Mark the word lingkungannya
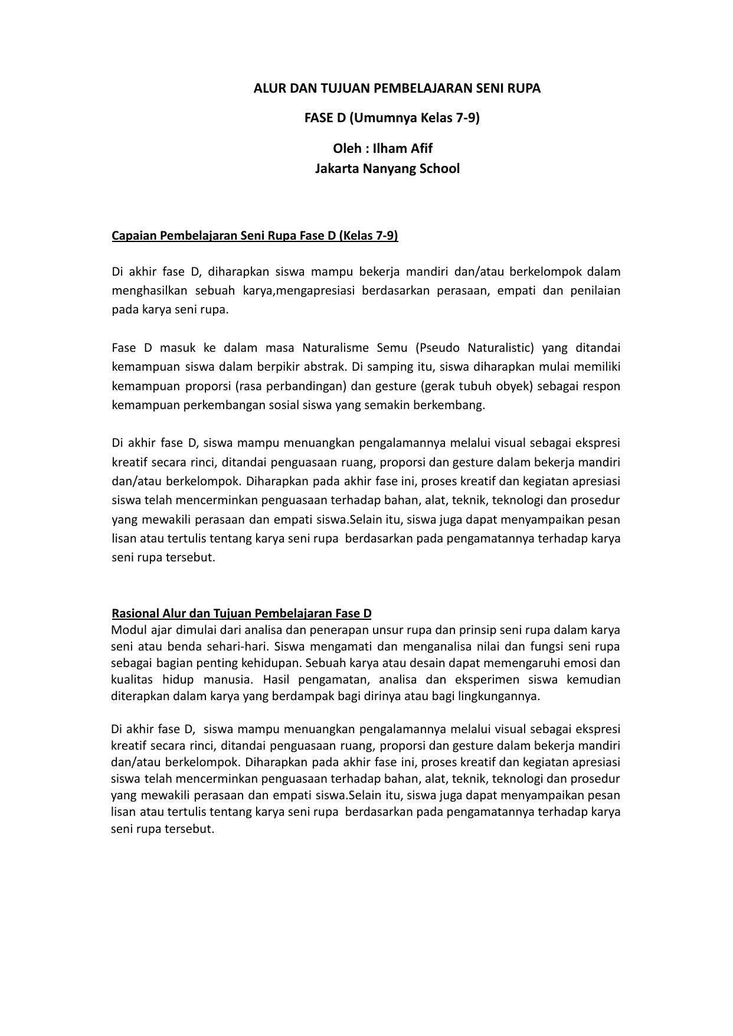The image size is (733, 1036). point(503,696)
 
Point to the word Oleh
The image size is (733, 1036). point(346,148)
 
